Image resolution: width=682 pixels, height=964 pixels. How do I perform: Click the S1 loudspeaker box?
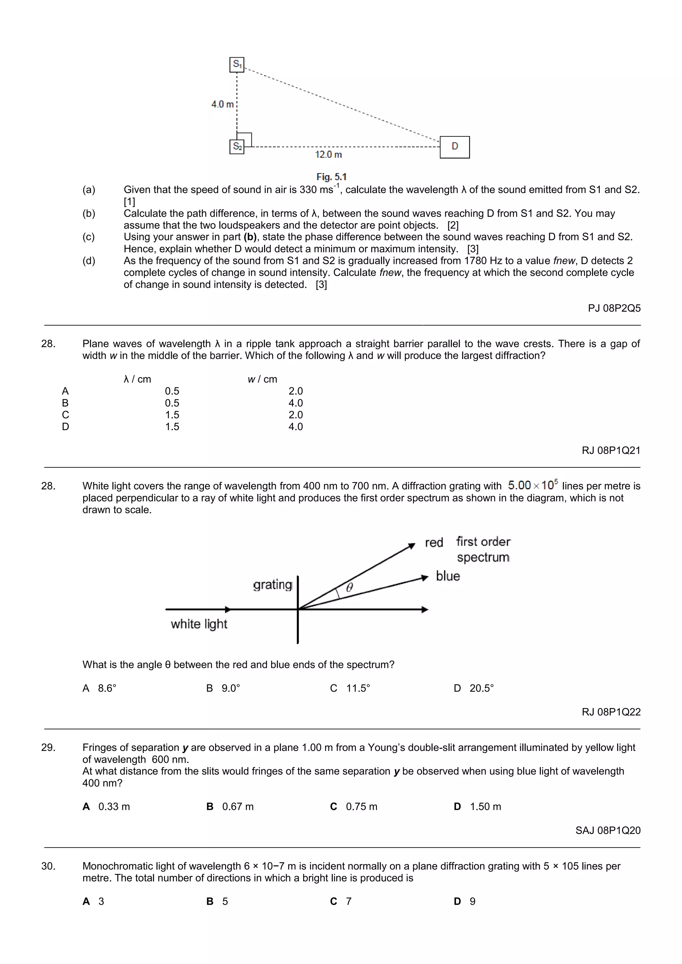237,65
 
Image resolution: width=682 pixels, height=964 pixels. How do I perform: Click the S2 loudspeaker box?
237,146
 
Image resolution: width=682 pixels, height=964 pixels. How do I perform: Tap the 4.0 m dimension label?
222,104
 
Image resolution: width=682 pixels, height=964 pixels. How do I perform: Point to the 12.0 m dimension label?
328,154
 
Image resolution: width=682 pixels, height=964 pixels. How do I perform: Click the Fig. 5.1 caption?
331,177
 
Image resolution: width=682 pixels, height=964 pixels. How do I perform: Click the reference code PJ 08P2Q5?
614,308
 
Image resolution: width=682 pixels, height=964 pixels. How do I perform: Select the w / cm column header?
262,379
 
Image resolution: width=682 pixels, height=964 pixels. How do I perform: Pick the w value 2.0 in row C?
295,415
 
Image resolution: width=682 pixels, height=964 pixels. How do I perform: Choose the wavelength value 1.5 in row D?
172,427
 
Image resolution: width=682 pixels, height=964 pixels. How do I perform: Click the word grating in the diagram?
272,585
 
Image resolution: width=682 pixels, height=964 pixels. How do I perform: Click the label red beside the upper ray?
434,543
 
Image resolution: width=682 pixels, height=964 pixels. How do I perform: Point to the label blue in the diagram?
448,576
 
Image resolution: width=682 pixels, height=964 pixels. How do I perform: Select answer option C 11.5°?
350,688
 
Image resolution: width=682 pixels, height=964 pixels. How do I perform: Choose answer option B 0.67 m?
230,807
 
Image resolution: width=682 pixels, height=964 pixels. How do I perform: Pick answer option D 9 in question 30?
465,901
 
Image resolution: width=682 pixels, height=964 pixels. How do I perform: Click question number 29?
48,747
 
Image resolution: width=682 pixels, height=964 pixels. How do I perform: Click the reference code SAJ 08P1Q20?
608,830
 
